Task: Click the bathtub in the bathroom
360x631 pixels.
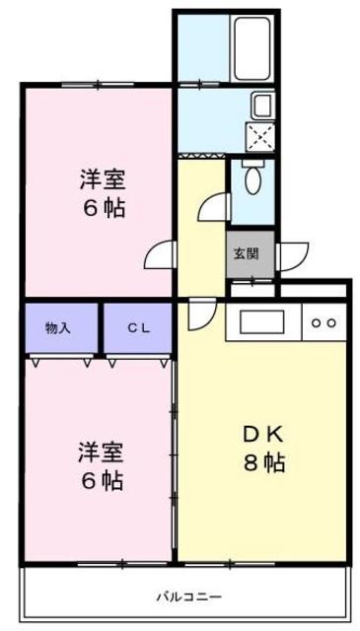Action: tap(252, 48)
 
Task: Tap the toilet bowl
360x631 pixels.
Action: tap(252, 177)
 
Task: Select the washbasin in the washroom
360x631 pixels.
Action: tap(263, 105)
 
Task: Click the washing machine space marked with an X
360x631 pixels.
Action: tap(259, 138)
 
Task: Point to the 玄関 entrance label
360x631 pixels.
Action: tap(246, 254)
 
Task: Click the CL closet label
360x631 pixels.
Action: tap(138, 328)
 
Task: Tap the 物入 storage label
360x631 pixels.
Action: tap(58, 328)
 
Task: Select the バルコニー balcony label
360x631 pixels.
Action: tap(188, 596)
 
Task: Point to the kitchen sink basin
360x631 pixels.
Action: tap(262, 321)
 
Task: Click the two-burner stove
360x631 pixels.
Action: tap(324, 322)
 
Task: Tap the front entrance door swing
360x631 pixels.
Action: tap(292, 256)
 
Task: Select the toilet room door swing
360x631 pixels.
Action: tap(215, 207)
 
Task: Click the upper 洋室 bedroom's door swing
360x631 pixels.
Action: tap(161, 254)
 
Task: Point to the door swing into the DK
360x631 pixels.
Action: tap(202, 314)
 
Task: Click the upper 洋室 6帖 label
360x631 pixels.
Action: tap(103, 194)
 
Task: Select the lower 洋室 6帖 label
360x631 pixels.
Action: tap(101, 466)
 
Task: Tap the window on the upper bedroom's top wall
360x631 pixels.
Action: tap(98, 84)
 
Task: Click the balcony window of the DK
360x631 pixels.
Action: tap(230, 565)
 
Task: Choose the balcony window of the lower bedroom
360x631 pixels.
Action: tap(122, 565)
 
